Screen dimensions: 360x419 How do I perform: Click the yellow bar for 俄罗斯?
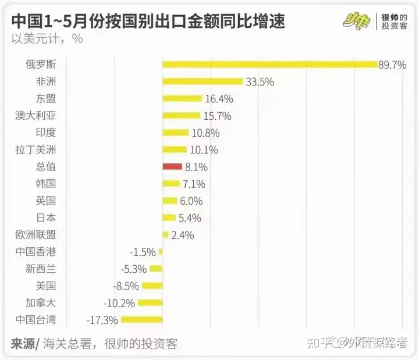pyautogui.click(x=269, y=65)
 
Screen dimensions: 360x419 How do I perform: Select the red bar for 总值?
pyautogui.click(x=172, y=166)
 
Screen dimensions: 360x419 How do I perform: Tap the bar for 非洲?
pyautogui.click(x=202, y=81)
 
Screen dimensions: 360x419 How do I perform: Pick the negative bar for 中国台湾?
pyautogui.click(x=141, y=319)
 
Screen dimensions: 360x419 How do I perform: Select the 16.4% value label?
pyautogui.click(x=219, y=99)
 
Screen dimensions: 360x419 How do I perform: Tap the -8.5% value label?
pyautogui.click(x=127, y=286)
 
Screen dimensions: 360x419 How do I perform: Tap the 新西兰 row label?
pyautogui.click(x=40, y=269)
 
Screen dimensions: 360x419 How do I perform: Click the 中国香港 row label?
pyautogui.click(x=40, y=252)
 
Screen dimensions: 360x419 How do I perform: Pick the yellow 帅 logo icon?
pyautogui.click(x=357, y=19)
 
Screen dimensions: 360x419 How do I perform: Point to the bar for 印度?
pyautogui.click(x=176, y=133)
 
